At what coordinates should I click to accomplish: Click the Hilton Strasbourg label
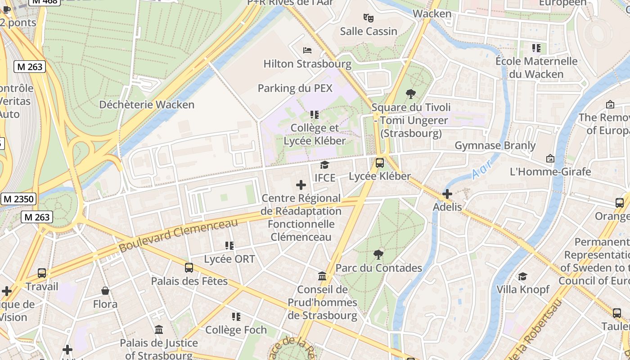(x=307, y=63)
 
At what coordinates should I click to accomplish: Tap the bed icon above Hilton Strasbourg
(x=307, y=50)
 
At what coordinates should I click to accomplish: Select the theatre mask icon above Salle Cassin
(x=369, y=18)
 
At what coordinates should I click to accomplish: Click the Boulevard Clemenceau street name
(x=178, y=235)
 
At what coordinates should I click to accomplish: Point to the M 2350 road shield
(x=18, y=199)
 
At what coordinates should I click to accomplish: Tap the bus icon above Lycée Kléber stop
(x=380, y=163)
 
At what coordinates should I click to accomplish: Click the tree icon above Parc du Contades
(x=378, y=255)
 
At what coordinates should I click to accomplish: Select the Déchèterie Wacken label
(x=147, y=104)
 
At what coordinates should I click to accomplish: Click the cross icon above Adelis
(x=447, y=194)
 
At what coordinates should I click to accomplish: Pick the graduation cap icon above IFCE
(x=324, y=165)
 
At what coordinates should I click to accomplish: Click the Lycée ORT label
(x=229, y=259)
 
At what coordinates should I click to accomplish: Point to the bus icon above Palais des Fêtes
(x=189, y=268)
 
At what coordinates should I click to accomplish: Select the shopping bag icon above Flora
(x=105, y=291)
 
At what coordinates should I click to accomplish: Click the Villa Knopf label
(x=522, y=289)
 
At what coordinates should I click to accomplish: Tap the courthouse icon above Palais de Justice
(x=159, y=330)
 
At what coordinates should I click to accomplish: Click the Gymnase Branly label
(x=495, y=145)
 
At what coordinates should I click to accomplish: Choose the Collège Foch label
(x=236, y=330)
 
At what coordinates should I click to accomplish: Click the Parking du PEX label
(x=295, y=88)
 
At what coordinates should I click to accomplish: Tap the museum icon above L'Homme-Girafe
(x=550, y=158)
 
